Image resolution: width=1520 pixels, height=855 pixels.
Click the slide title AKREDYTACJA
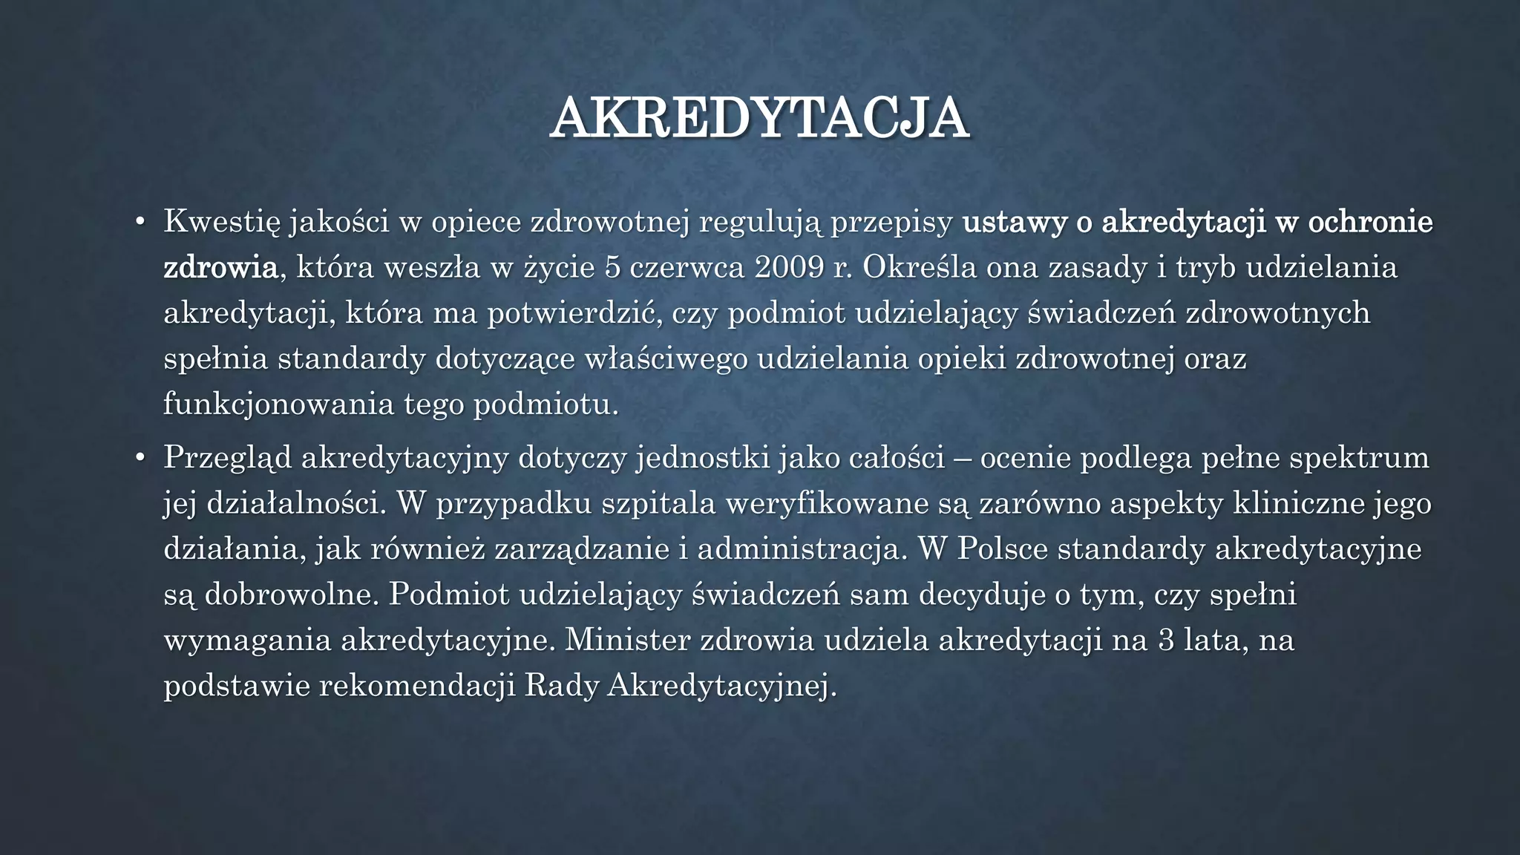coord(759,117)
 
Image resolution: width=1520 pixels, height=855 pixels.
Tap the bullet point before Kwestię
coord(140,223)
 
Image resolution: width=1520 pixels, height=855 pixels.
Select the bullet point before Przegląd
coord(140,458)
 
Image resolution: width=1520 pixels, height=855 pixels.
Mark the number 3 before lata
coord(1166,641)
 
